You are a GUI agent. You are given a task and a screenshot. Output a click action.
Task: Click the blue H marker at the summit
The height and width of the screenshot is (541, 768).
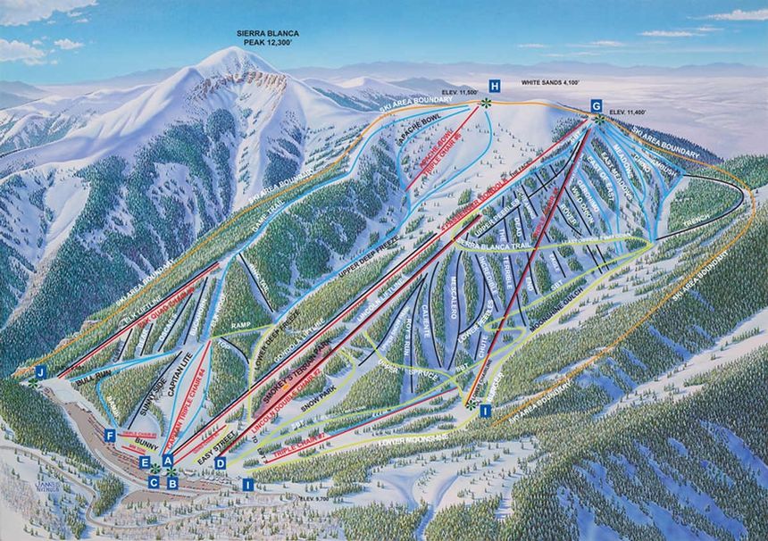pyautogui.click(x=494, y=86)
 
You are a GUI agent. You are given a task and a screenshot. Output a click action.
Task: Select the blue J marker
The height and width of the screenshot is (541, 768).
pyautogui.click(x=40, y=370)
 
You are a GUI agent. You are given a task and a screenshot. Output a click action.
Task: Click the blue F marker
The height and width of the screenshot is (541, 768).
pyautogui.click(x=109, y=435)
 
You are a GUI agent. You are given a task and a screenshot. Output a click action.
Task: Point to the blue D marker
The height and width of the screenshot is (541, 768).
pyautogui.click(x=221, y=462)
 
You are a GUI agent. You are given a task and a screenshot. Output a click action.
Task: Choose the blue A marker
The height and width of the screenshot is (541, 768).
pyautogui.click(x=168, y=460)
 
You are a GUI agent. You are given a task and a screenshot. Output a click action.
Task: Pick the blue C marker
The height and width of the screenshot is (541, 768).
pyautogui.click(x=154, y=482)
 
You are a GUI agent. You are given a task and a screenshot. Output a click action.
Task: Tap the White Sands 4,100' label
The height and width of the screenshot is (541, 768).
pyautogui.click(x=550, y=81)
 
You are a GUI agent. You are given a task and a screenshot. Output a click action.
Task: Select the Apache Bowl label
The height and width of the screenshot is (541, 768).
pyautogui.click(x=419, y=121)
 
